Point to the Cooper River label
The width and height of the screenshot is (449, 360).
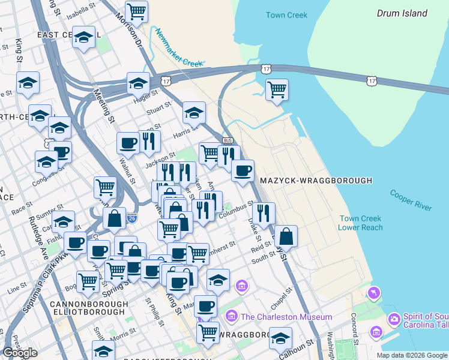point(411,200)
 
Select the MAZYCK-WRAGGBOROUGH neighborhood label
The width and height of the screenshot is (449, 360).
point(316,181)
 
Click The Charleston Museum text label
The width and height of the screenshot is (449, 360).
point(286,317)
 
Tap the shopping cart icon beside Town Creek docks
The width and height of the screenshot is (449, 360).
point(276,90)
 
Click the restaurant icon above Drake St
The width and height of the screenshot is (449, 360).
point(263,212)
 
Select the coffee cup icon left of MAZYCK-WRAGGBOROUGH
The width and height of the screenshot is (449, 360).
point(243,171)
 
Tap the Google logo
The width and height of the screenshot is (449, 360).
point(20,353)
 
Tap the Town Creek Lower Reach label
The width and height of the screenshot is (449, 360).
point(361,223)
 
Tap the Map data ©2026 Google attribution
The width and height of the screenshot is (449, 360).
point(412,355)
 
